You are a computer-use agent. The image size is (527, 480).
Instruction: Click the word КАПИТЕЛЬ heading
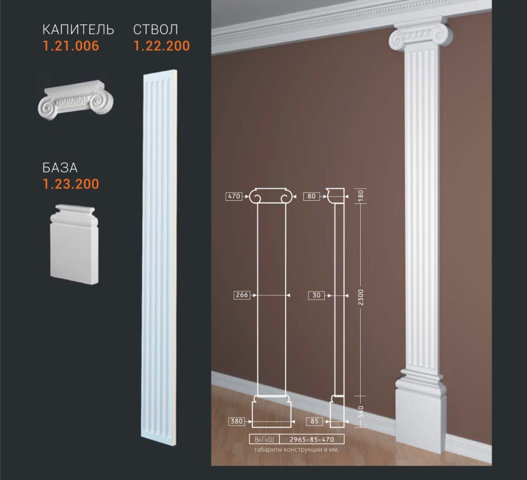[x=78, y=30]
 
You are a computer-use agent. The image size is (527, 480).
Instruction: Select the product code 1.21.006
[x=71, y=46]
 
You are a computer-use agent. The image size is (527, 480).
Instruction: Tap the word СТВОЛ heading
[x=156, y=30]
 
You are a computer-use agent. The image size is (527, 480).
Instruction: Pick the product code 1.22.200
[x=162, y=46]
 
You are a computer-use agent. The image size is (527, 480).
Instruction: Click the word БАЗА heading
[x=60, y=167]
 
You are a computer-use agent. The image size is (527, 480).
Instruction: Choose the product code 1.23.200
[x=71, y=184]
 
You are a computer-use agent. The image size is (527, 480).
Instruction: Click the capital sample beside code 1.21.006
[x=76, y=100]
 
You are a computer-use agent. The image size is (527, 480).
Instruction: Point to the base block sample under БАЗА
[x=74, y=244]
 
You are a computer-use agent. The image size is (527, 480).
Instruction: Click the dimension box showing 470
[x=234, y=196]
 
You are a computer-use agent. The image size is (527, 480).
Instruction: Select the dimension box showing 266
[x=242, y=295]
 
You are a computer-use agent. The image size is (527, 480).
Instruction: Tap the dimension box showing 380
[x=237, y=421]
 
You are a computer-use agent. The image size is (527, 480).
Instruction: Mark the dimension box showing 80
[x=312, y=196]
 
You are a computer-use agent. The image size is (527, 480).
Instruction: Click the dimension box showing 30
[x=317, y=295]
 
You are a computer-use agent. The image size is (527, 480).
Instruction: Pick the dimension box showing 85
[x=314, y=421]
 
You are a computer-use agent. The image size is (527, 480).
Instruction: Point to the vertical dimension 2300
[x=361, y=297]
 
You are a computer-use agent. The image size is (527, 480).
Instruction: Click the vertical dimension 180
[x=361, y=195]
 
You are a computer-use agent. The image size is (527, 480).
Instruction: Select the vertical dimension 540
[x=361, y=412]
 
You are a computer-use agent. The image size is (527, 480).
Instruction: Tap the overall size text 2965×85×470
[x=312, y=439]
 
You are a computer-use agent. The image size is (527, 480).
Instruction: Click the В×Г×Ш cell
[x=265, y=439]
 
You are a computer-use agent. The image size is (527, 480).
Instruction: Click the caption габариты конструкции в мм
[x=297, y=449]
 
